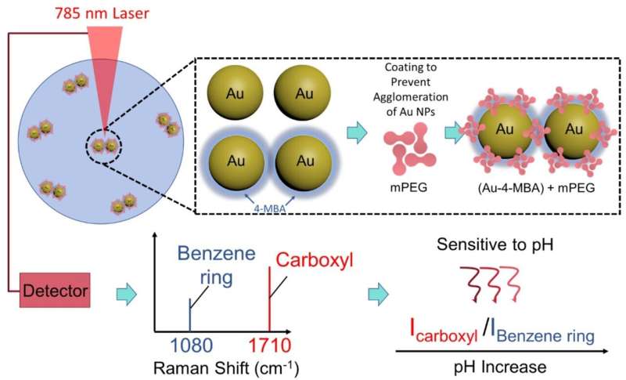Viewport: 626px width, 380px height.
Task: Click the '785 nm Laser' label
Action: [102, 13]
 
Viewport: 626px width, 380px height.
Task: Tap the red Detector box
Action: [55, 290]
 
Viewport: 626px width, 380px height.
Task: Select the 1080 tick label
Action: [192, 346]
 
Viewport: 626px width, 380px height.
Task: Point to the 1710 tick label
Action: [270, 346]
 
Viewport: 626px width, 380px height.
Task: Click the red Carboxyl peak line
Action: [270, 299]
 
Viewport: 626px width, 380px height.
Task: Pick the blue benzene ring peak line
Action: [190, 314]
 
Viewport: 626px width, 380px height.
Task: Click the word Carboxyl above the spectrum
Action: [315, 260]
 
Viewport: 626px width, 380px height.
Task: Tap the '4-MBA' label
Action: [270, 208]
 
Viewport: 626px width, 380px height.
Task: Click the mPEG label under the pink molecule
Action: [408, 187]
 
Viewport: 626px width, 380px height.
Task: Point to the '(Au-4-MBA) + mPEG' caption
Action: [536, 188]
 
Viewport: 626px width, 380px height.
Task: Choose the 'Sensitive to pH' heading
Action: [495, 244]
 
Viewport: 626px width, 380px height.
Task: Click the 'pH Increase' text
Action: [500, 367]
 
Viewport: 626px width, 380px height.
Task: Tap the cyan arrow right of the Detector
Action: [127, 295]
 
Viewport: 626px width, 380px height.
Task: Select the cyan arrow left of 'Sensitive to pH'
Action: [378, 295]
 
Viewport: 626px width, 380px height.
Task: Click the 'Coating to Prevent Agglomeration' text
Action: [410, 89]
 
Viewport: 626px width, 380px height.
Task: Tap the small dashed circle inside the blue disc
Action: [104, 147]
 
